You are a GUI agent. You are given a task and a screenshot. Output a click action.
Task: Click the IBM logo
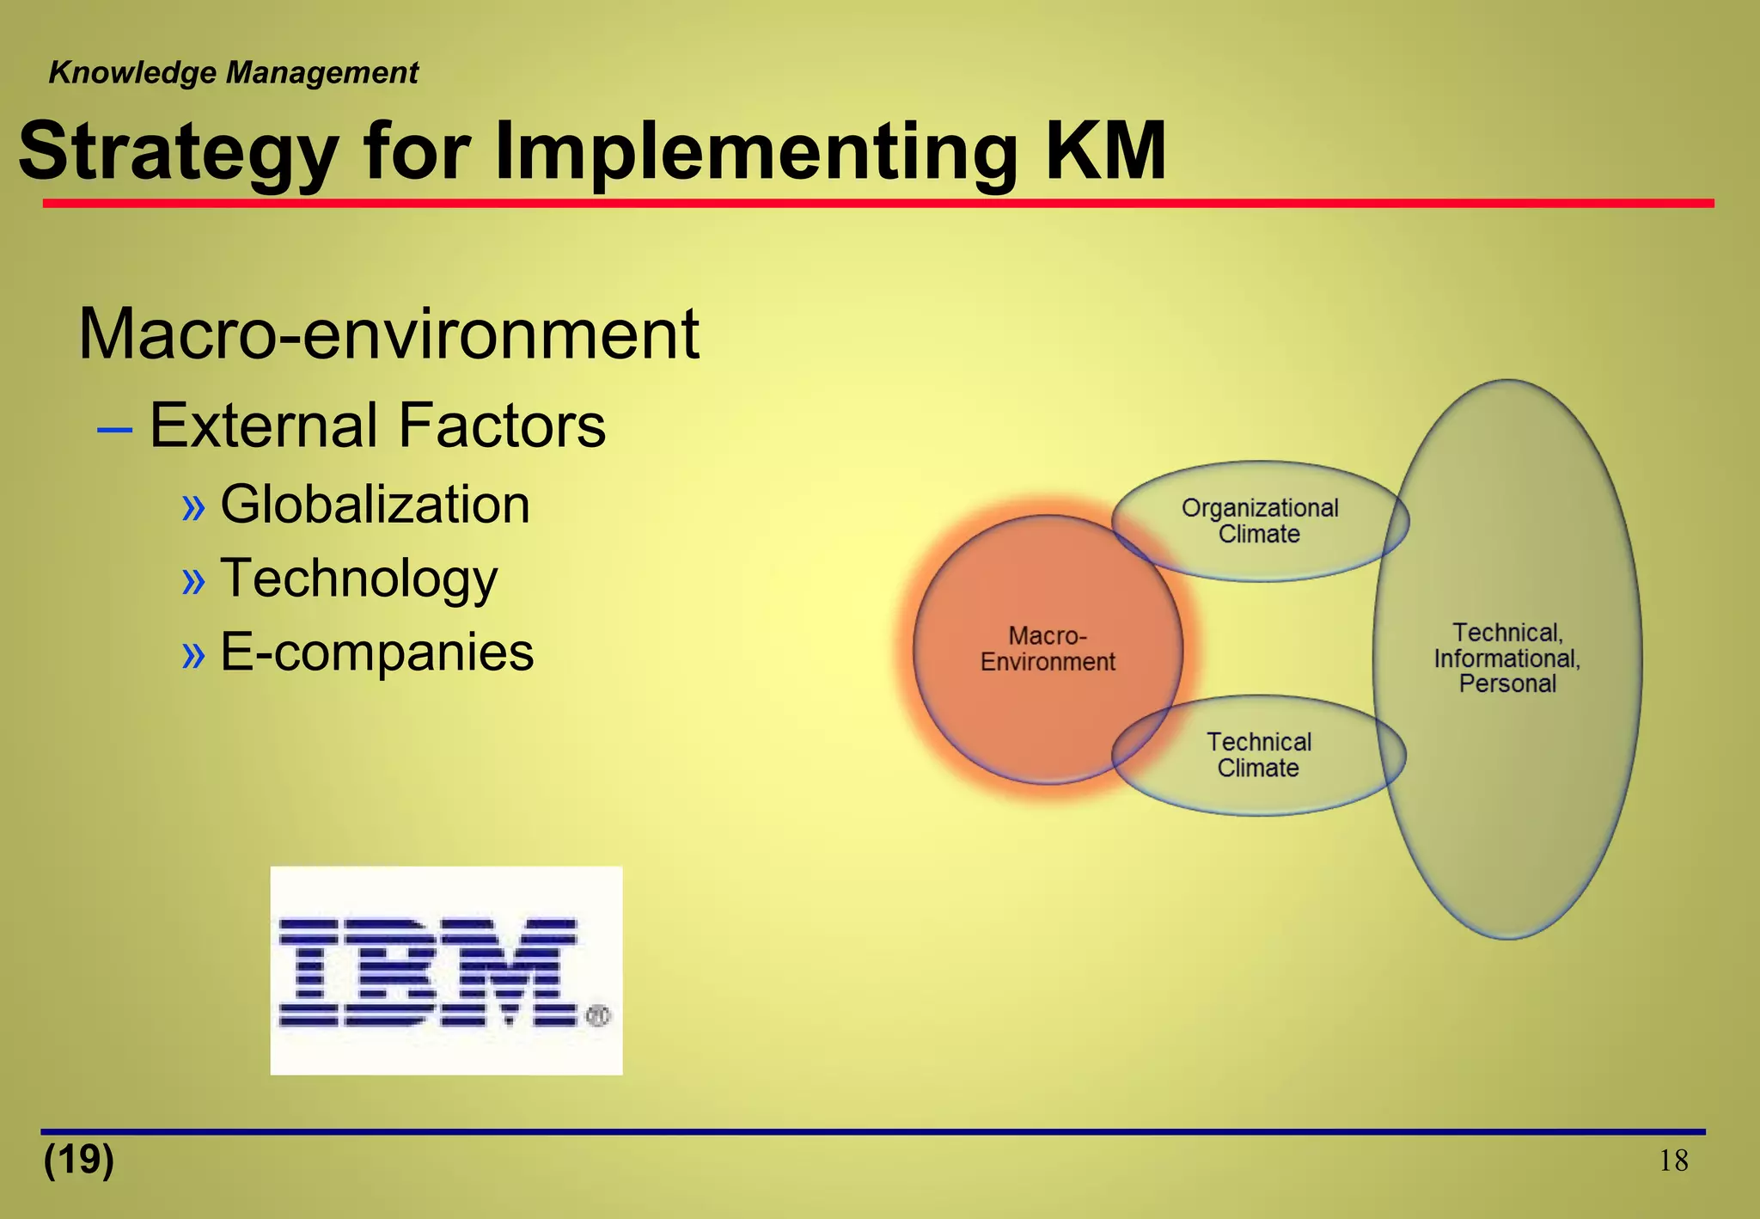(x=428, y=971)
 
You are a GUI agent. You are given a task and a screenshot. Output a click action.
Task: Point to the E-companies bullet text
(x=376, y=652)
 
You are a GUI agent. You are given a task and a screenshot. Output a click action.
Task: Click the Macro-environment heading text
(x=388, y=334)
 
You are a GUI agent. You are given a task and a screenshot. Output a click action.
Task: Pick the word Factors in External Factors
(x=501, y=426)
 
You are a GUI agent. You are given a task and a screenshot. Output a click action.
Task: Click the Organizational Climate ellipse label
(x=1260, y=521)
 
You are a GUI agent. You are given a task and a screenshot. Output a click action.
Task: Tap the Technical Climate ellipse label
(x=1259, y=755)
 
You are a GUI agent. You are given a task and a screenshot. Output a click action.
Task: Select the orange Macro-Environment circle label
(x=1048, y=649)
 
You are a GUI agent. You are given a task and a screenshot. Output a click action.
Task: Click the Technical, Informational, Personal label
(x=1507, y=659)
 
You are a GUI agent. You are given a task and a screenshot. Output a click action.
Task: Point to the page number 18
(x=1672, y=1161)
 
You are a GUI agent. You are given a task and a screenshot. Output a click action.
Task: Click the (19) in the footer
(x=79, y=1160)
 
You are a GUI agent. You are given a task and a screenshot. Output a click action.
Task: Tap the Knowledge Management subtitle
(x=233, y=73)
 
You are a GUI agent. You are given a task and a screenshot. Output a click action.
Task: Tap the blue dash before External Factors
(x=114, y=427)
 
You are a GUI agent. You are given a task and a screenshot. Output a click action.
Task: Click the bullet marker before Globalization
(x=194, y=507)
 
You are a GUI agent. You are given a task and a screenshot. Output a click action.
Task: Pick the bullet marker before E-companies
(x=194, y=655)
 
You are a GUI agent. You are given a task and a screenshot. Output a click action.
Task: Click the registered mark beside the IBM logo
(x=598, y=1015)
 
